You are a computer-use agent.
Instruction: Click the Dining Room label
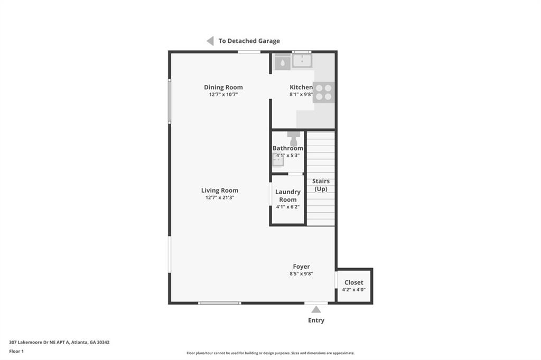tap(223, 87)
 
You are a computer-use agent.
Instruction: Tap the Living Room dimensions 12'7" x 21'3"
tap(220, 197)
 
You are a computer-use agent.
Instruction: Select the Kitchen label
tap(301, 87)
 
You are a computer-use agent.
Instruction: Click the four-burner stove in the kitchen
tap(323, 92)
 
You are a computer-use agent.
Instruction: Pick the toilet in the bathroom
tap(293, 138)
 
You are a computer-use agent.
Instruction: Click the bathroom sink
tap(278, 162)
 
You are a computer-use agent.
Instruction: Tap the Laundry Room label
tap(288, 196)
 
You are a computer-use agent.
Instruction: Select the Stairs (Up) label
tap(321, 185)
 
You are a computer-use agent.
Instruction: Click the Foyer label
tap(302, 267)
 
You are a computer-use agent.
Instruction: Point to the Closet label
tap(354, 282)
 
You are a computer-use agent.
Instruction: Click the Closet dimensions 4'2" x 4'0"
tap(354, 289)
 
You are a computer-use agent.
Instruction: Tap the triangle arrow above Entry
tap(316, 309)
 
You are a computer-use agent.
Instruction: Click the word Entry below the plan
tap(316, 320)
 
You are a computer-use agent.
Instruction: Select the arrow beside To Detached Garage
tap(210, 41)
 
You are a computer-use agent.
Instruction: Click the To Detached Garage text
tap(249, 41)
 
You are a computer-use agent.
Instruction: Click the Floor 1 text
tap(16, 350)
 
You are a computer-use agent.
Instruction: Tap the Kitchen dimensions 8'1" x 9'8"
tap(301, 94)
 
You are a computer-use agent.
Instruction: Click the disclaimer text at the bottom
tap(270, 353)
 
